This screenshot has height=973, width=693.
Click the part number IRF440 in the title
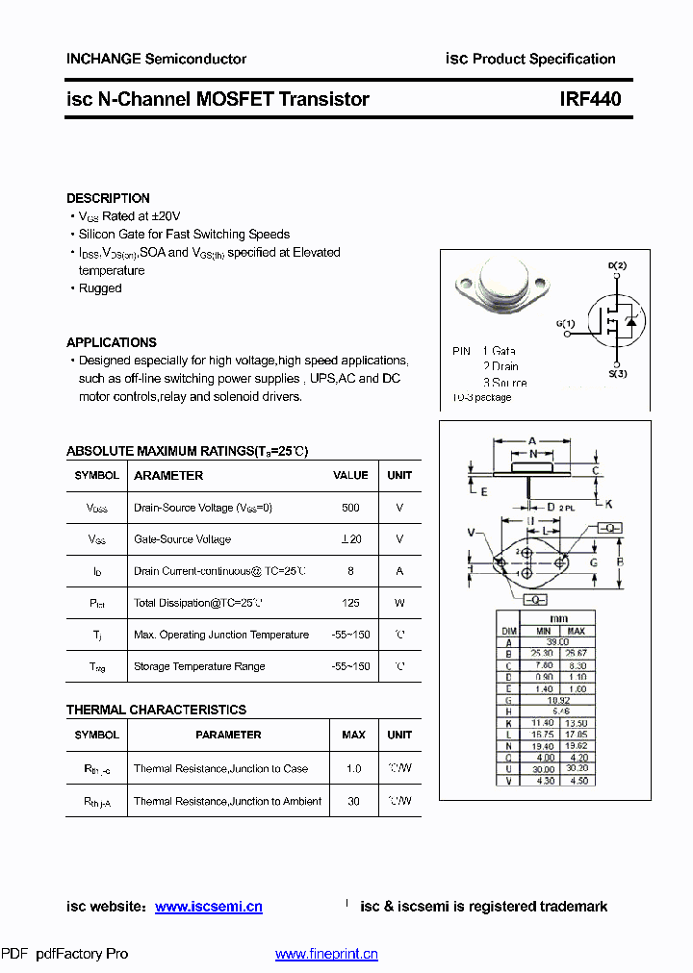[590, 99]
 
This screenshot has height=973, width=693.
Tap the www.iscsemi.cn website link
[208, 907]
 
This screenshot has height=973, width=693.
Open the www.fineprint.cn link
[326, 954]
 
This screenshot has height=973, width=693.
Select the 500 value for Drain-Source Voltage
[350, 508]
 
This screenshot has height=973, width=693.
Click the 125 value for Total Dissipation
[350, 603]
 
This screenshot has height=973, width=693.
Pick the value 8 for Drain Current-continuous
[350, 571]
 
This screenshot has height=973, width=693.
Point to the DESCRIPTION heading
[108, 198]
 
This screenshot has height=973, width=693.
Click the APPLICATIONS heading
[111, 342]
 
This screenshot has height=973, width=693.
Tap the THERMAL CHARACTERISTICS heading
[156, 710]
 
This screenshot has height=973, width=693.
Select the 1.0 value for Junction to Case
[353, 769]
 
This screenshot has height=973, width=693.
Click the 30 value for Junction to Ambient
[353, 801]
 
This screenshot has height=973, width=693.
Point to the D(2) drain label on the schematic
[617, 265]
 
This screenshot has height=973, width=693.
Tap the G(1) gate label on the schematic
[565, 323]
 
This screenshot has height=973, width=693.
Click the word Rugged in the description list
[100, 288]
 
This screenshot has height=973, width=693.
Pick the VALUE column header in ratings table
[350, 475]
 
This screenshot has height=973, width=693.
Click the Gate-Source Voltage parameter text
[182, 539]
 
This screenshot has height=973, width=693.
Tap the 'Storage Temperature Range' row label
[199, 666]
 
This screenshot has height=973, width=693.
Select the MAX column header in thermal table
[353, 735]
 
